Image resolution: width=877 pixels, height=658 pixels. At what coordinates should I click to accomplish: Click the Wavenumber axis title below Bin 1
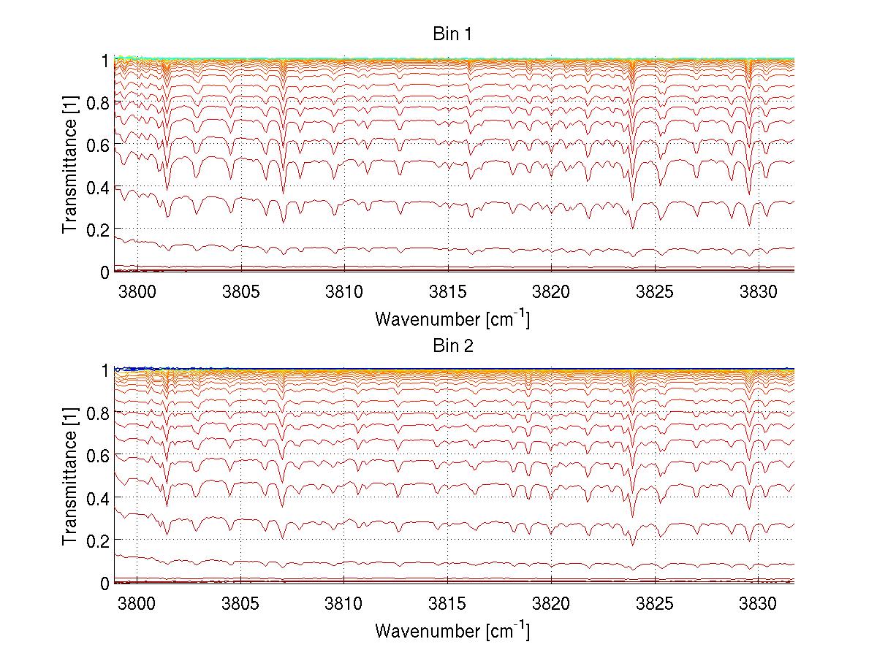tap(452, 319)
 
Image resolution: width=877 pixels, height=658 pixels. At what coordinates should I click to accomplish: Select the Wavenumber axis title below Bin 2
tap(452, 630)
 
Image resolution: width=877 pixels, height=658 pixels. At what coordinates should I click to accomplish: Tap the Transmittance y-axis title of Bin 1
tap(70, 165)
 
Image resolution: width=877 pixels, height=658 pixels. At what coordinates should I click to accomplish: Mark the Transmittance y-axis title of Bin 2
tap(70, 476)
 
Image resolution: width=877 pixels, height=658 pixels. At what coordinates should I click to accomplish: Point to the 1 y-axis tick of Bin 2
tap(105, 370)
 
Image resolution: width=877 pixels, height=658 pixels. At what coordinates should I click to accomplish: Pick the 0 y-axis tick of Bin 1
tap(105, 272)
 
